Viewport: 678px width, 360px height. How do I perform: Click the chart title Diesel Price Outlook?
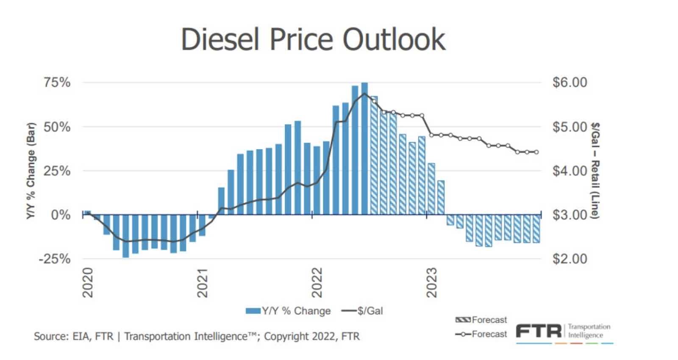313,39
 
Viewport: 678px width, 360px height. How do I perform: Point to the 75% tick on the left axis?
57,83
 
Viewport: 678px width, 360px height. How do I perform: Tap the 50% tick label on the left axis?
57,127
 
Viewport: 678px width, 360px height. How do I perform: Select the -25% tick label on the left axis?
55,259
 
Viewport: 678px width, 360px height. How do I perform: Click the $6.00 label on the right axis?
570,83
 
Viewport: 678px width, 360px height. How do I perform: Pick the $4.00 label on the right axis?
570,171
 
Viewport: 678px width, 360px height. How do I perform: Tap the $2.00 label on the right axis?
570,259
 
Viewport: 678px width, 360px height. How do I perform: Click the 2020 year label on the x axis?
87,282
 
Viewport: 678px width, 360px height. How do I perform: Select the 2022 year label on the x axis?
317,282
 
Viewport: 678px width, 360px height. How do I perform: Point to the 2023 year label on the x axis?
431,282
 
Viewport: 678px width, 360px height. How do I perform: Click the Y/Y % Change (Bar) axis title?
31,171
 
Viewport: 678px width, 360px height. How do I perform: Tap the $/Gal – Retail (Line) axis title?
595,171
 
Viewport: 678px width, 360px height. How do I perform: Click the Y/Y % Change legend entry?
288,311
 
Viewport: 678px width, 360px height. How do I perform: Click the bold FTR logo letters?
539,331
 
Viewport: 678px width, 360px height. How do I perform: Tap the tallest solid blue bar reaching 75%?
364,148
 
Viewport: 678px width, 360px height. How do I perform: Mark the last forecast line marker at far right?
536,152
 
